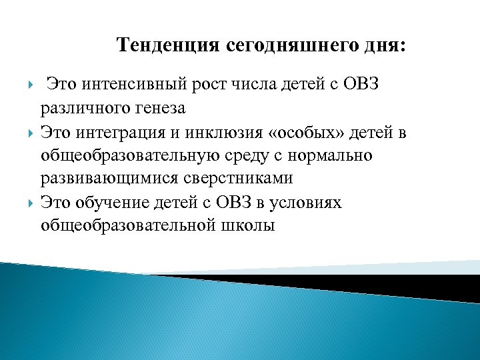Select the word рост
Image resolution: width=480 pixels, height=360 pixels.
(x=225, y=86)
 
